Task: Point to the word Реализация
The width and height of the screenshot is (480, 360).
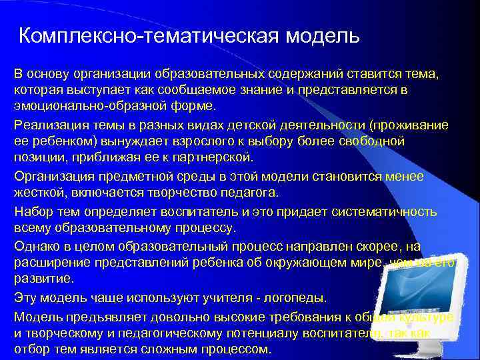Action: (x=49, y=125)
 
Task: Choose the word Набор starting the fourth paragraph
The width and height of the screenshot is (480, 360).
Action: (x=33, y=211)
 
